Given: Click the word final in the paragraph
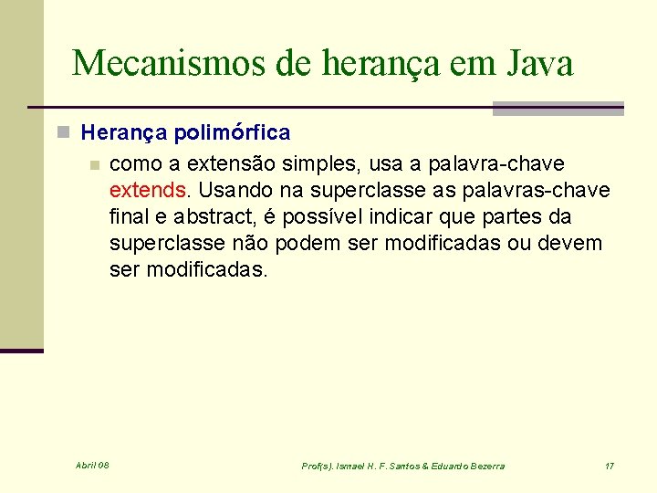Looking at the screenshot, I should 128,217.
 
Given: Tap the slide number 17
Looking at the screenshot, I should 610,467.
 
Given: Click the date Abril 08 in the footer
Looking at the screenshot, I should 92,466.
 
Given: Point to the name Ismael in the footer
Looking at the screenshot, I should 355,467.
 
